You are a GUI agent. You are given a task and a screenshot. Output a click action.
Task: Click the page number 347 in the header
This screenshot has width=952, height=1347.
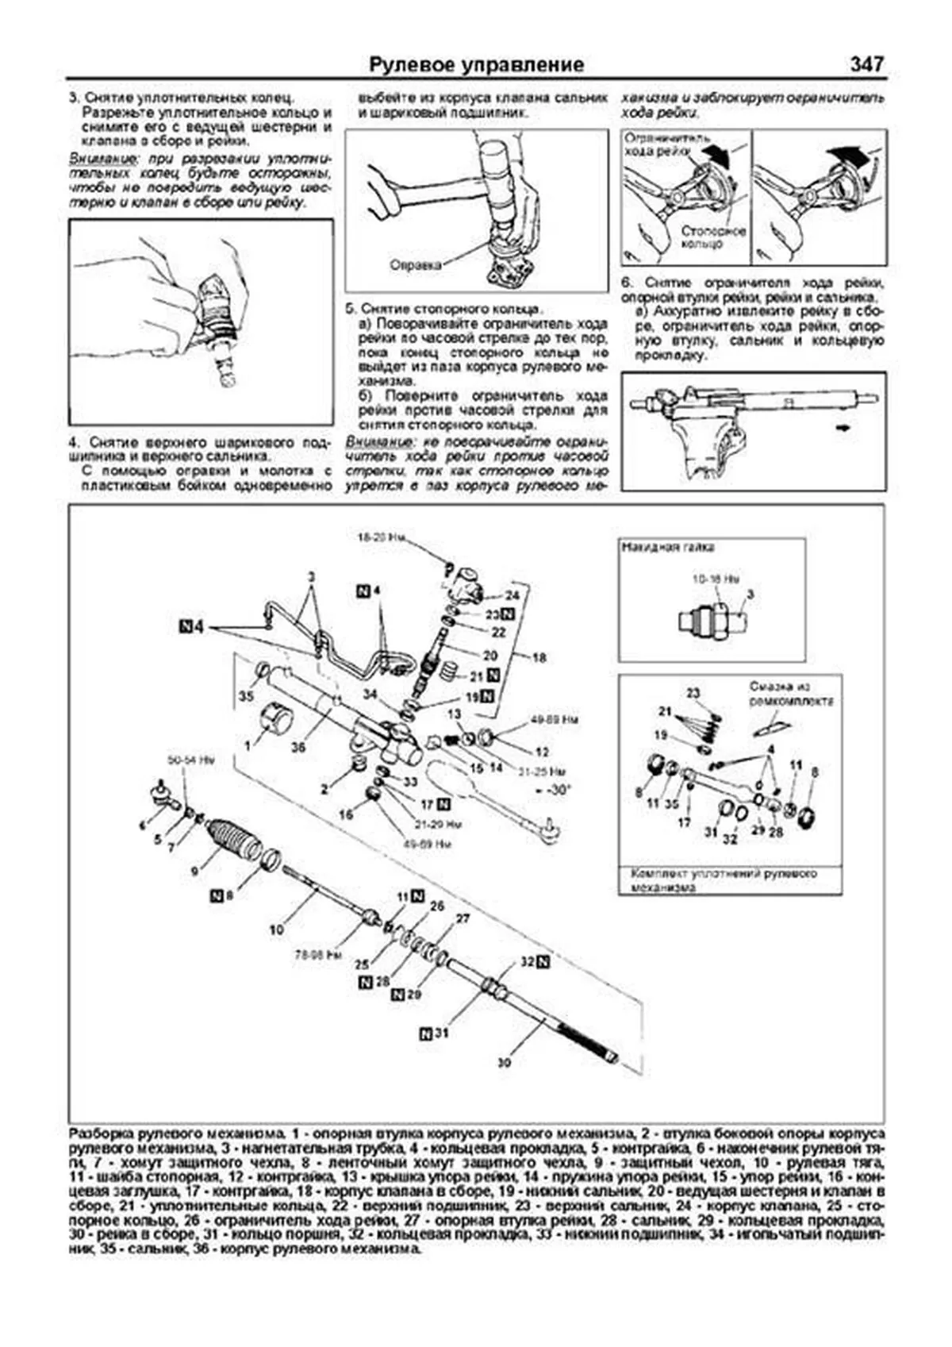click(866, 64)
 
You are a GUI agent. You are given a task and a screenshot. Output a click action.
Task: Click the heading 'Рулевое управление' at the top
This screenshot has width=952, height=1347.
click(477, 64)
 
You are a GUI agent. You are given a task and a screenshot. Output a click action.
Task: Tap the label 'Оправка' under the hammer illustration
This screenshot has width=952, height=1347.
click(415, 265)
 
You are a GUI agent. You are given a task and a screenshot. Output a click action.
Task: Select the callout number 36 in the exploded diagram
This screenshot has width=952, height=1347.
click(297, 747)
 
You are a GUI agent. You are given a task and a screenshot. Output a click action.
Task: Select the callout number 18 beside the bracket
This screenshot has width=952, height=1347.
click(539, 657)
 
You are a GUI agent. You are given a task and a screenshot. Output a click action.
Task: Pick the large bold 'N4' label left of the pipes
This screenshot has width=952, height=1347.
click(192, 628)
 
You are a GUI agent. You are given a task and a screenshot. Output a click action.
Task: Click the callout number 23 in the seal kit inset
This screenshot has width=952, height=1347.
click(693, 692)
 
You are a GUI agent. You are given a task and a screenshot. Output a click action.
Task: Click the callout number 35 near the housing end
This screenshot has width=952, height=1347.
click(246, 696)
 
